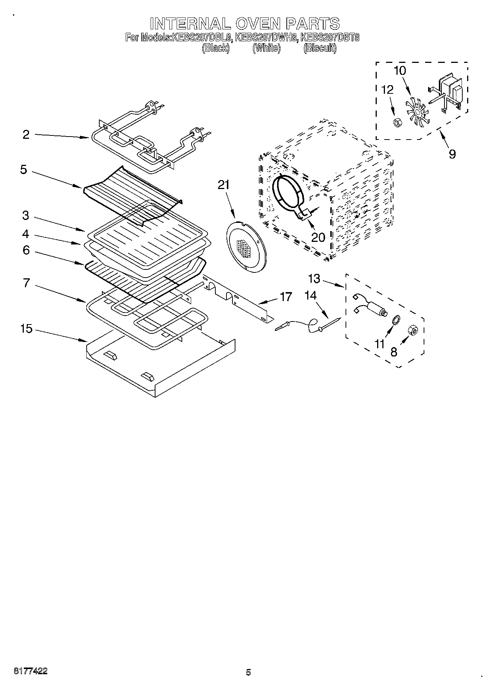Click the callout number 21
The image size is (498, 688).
pyautogui.click(x=224, y=185)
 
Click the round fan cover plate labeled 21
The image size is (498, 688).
pyautogui.click(x=246, y=247)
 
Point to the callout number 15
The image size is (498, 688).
pyautogui.click(x=26, y=329)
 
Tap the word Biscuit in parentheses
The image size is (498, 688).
pyautogui.click(x=320, y=48)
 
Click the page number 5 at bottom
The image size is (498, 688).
pyautogui.click(x=248, y=672)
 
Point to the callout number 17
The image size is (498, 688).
pyautogui.click(x=286, y=297)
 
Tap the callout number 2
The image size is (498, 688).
pyautogui.click(x=26, y=134)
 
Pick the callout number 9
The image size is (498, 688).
pyautogui.click(x=452, y=153)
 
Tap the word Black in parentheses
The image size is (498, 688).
pyautogui.click(x=216, y=48)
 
